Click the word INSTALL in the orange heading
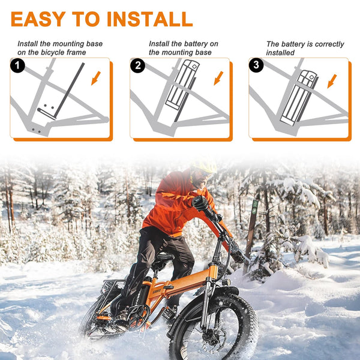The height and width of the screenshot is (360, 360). tap(149, 19)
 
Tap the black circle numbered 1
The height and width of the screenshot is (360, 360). tap(17, 65)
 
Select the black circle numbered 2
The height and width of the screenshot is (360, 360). tap(137, 65)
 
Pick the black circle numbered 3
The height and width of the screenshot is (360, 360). tap(256, 65)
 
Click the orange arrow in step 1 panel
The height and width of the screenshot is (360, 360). tap(96, 78)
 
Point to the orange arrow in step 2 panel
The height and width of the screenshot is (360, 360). tap(218, 78)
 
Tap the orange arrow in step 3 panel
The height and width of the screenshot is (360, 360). tap(332, 81)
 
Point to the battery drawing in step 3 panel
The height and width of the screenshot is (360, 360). tap(298, 98)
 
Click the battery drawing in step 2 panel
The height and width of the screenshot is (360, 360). tap(182, 84)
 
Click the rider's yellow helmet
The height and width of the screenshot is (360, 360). tap(205, 166)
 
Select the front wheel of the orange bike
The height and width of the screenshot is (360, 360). tap(214, 326)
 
